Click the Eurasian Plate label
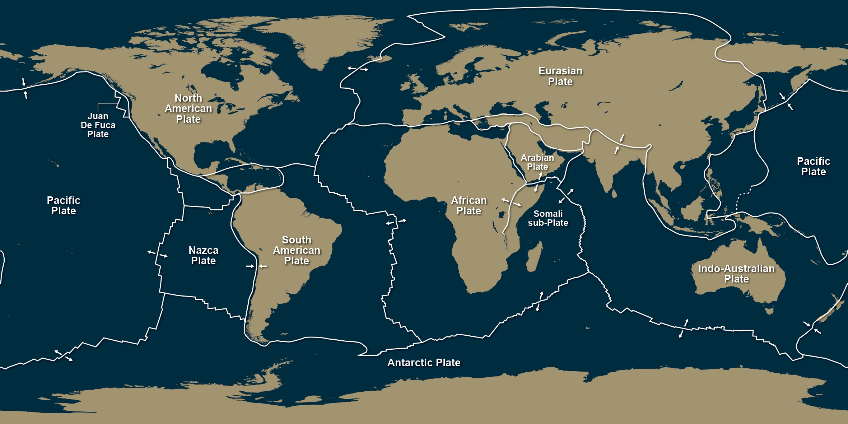(x=560, y=76)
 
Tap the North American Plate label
(x=188, y=108)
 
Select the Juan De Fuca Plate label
(x=98, y=125)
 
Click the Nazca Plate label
(x=203, y=255)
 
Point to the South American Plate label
(x=297, y=250)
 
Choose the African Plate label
(x=469, y=205)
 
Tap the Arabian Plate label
(x=537, y=162)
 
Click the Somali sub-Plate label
(x=548, y=218)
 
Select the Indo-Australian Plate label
(x=736, y=274)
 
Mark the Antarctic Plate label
(x=424, y=363)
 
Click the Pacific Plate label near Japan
(x=813, y=166)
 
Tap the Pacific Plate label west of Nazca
(x=64, y=205)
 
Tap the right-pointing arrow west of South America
(x=250, y=266)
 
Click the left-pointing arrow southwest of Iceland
(x=351, y=68)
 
